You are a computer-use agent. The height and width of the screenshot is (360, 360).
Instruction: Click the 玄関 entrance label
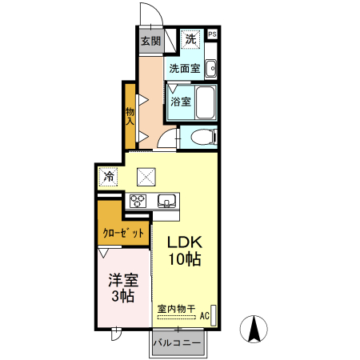point(150,41)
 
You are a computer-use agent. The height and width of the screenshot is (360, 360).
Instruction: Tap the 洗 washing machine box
point(191,38)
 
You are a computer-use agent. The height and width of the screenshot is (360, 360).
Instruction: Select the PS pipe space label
point(213,34)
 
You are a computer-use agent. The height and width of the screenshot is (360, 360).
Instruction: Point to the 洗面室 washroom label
point(184,69)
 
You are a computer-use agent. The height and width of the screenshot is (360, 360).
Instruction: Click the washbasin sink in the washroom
point(210,70)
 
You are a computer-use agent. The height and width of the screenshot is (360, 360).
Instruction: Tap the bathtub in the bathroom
point(205,102)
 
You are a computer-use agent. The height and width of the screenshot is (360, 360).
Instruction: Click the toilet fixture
point(201,138)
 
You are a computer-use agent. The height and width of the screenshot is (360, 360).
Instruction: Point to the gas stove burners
point(137,201)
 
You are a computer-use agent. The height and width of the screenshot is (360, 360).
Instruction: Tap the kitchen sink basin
point(166,200)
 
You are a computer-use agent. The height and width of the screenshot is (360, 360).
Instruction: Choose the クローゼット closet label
point(124,234)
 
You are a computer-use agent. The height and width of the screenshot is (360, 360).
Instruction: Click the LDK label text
point(184,242)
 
